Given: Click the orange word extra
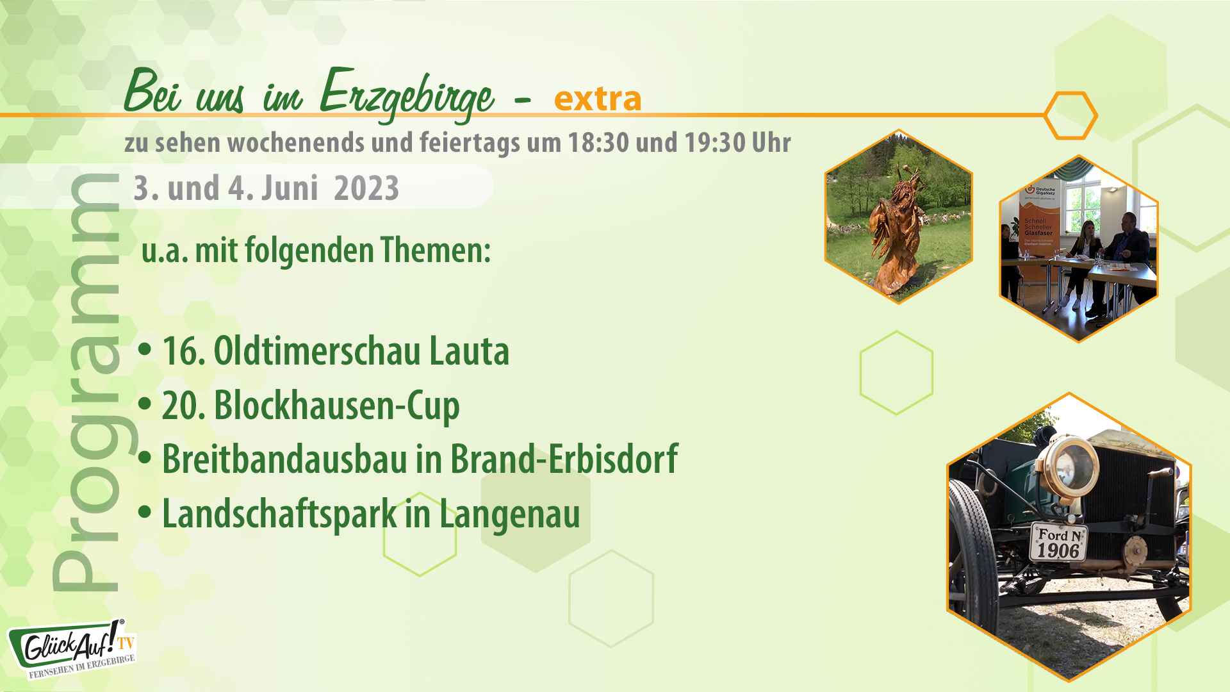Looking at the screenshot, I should (597, 99).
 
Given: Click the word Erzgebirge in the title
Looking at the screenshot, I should (406, 95).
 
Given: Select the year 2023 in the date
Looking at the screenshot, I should (366, 188).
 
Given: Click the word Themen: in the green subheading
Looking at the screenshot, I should (435, 250).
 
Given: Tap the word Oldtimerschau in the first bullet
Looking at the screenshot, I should (316, 351).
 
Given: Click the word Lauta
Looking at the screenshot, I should (469, 351).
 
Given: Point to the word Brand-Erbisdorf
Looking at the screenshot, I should (564, 459).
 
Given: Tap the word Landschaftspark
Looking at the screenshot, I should (279, 514).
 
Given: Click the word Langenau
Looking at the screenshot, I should (509, 514).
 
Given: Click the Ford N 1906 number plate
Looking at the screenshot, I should (1058, 542).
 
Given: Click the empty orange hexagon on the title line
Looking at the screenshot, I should (1070, 115).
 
